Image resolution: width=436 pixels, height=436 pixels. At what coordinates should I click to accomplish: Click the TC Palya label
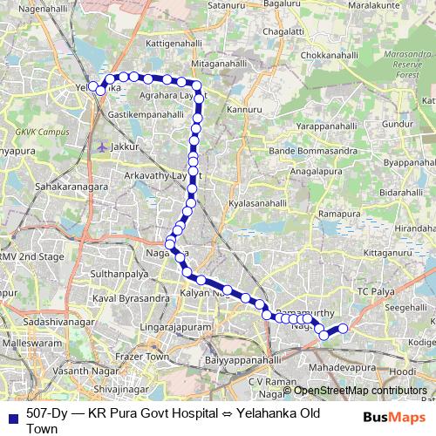click(376, 290)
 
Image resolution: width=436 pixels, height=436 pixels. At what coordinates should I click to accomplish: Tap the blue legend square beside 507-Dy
click(11, 419)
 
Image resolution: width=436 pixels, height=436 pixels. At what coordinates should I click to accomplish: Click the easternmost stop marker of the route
click(343, 328)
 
